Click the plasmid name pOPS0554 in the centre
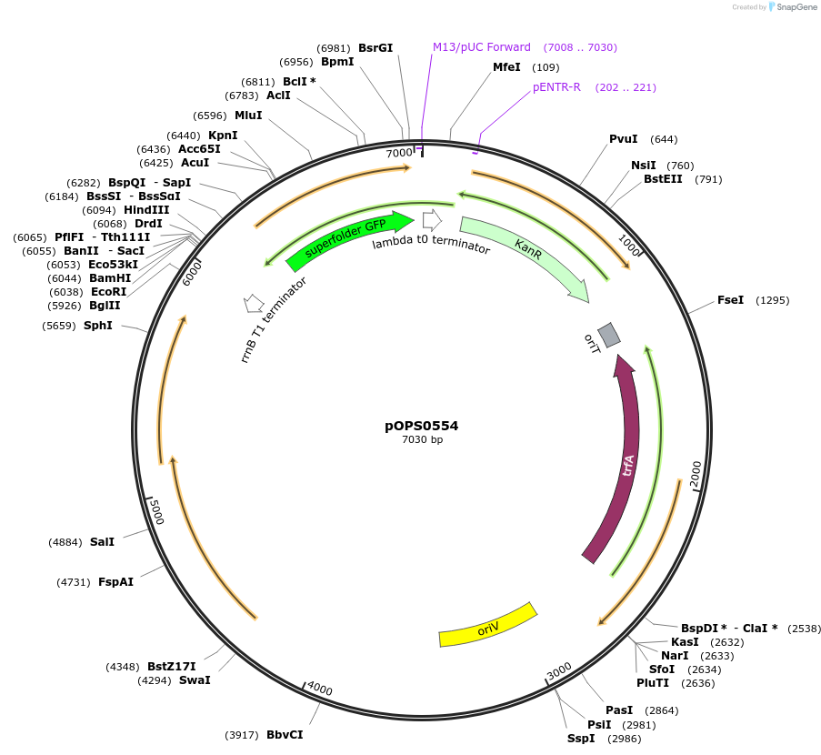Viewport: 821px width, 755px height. point(422,425)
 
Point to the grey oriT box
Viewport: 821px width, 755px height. point(609,335)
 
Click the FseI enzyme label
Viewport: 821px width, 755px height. point(730,300)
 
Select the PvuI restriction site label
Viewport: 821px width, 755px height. point(624,139)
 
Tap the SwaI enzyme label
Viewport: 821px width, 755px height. point(195,679)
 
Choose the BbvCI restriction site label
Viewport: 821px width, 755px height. point(285,734)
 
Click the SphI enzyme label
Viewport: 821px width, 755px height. point(98,325)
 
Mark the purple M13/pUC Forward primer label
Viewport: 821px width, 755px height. point(482,47)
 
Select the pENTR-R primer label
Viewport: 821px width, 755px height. point(556,87)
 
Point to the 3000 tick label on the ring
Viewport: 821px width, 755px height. point(559,671)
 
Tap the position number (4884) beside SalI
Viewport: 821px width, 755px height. point(65,542)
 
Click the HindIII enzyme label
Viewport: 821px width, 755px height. point(146,210)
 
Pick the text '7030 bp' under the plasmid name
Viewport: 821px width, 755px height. point(422,440)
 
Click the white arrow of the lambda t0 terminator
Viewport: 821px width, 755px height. point(432,219)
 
